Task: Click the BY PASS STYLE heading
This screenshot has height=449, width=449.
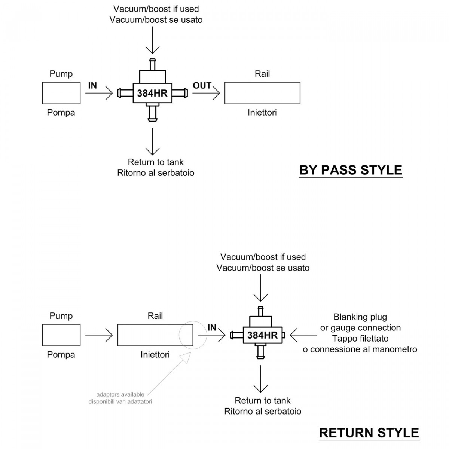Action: [x=351, y=170]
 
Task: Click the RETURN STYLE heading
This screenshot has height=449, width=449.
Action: [x=369, y=433]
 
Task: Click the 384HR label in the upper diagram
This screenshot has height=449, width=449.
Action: [x=152, y=93]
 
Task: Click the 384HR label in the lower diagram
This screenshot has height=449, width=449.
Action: [x=262, y=335]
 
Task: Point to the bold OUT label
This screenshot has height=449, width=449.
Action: [x=202, y=86]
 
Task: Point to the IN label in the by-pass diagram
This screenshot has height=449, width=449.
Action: [x=92, y=86]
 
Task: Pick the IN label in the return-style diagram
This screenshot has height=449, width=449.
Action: [x=212, y=328]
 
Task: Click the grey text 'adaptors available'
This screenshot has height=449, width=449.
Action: [x=120, y=394]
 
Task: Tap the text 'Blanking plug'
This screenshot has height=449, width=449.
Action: [x=360, y=317]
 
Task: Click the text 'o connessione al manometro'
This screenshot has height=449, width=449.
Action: [x=360, y=349]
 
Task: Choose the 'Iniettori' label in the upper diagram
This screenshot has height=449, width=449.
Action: [x=262, y=113]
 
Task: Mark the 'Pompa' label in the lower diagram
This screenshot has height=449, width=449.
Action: [x=61, y=355]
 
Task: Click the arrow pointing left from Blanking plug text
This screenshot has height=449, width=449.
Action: [x=303, y=335]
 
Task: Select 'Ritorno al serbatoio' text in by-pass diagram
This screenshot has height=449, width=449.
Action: [x=156, y=173]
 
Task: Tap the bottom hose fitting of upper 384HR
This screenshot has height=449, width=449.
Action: [x=152, y=113]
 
